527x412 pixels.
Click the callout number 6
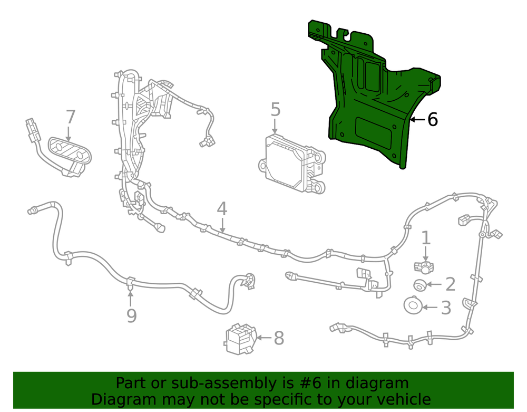pos(432,120)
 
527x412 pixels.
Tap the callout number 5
pos(275,110)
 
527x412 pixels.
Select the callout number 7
pos(71,117)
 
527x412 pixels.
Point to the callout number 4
pos(222,209)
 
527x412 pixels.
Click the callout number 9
pos(131,315)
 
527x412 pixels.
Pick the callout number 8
pos(278,338)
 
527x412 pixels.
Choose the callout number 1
pos(425,237)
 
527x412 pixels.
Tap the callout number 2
pos(450,284)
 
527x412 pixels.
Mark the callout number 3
pos(446,308)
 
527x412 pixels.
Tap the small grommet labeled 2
pos(419,285)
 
